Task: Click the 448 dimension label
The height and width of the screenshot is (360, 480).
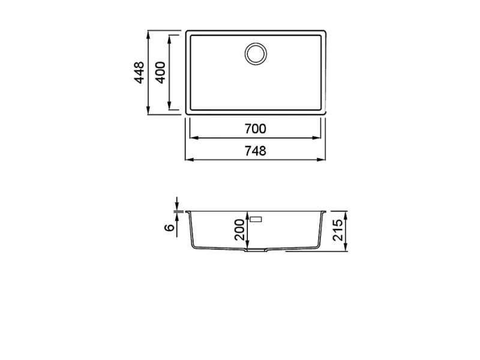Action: click(x=139, y=73)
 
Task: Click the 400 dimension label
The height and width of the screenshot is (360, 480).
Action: click(x=160, y=73)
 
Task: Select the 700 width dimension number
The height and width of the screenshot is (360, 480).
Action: click(x=256, y=129)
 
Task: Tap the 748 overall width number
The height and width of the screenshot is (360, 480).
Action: click(x=256, y=151)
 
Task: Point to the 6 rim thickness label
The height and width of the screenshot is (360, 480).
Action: click(x=169, y=227)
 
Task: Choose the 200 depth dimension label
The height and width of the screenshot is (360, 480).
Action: click(x=239, y=230)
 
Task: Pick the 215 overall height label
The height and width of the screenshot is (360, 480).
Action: click(x=338, y=230)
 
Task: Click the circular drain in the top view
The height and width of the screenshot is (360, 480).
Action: click(x=256, y=54)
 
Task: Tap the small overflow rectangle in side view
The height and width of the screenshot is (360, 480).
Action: click(x=256, y=219)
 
